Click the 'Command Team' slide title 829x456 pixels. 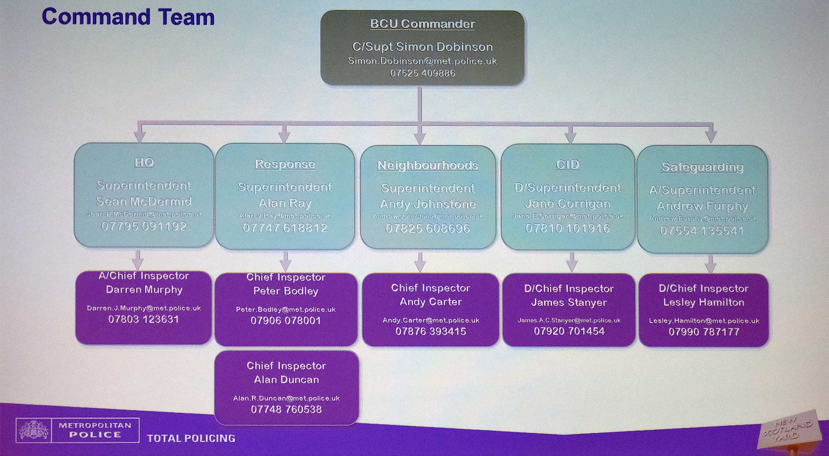pos(128,17)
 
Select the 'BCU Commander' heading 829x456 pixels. pos(422,24)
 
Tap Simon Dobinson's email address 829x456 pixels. pos(422,61)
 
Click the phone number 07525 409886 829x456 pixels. pos(422,73)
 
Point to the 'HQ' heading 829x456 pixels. pos(144,163)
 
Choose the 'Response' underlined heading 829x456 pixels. pos(285,164)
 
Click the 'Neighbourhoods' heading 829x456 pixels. pos(427,165)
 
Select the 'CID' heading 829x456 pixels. pos(567,165)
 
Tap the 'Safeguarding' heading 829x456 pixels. pos(702,167)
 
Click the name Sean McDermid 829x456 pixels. pos(144,201)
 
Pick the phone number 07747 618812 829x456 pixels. pos(285,228)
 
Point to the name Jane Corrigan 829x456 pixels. pos(567,204)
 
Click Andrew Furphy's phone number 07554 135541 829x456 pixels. pos(702,230)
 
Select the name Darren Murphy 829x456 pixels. pos(144,290)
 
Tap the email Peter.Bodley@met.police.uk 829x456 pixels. pos(286,310)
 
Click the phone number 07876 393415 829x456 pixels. pos(431,332)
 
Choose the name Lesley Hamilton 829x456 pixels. pos(703,303)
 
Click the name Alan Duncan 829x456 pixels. pos(286,380)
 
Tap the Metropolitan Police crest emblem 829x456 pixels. pos(34,430)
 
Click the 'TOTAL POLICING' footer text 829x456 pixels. pos(191,438)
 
